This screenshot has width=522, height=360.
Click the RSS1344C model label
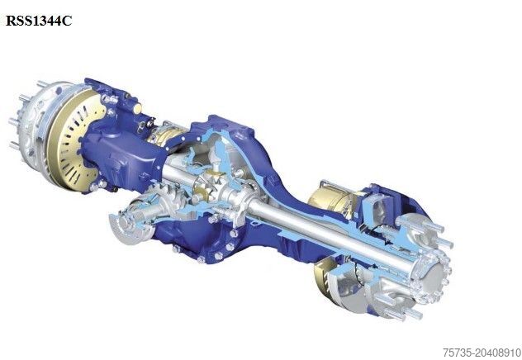(x=39, y=21)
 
